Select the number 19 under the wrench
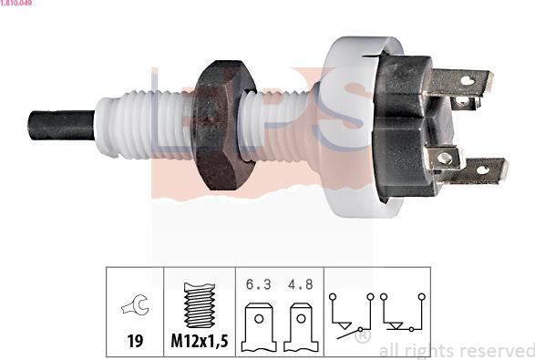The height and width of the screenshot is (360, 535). click(x=134, y=343)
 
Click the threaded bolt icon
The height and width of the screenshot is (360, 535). click(x=198, y=308)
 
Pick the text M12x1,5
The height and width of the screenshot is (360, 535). click(x=198, y=343)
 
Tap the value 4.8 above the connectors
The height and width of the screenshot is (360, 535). click(x=299, y=283)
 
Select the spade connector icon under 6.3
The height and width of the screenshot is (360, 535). click(x=259, y=325)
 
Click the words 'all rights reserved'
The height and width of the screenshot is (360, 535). click(x=456, y=350)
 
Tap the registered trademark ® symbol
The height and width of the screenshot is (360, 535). click(x=362, y=336)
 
